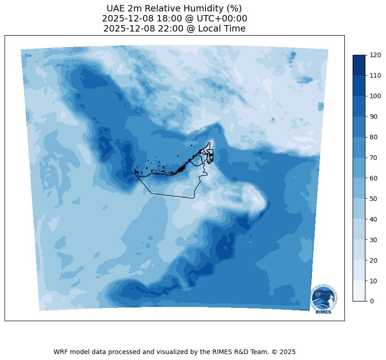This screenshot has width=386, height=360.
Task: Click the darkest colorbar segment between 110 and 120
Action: click(359, 65)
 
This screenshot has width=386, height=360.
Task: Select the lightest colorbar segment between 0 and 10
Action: click(359, 291)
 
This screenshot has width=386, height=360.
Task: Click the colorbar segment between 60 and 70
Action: click(359, 168)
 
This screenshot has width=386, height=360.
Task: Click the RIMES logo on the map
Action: click(323, 299)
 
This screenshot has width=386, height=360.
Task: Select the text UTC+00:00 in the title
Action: click(221, 19)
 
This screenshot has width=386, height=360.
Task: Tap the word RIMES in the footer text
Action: click(222, 352)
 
